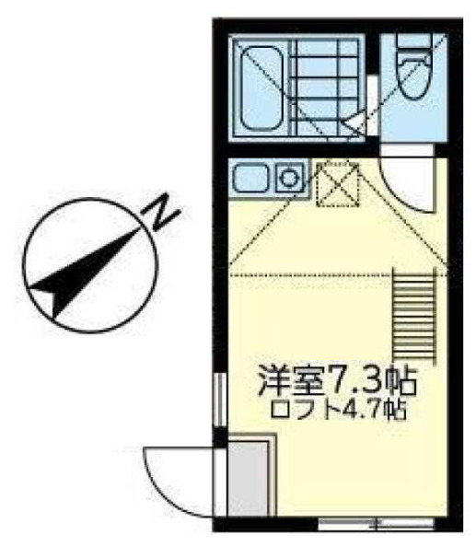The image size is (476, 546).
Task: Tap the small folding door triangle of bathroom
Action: pos(354,122)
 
